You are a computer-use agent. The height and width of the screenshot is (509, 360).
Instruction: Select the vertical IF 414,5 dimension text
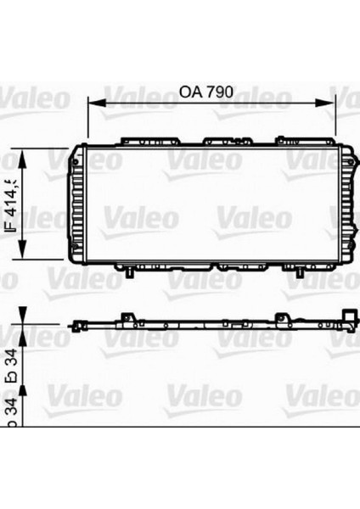click(12, 203)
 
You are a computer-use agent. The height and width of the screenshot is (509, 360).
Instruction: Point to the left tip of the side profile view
click(70, 324)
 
